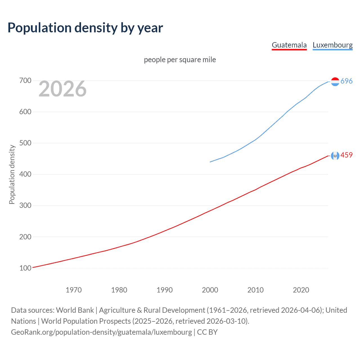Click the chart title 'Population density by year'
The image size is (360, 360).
click(85, 28)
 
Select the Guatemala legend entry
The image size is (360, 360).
click(289, 45)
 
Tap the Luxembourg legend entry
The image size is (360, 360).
click(332, 45)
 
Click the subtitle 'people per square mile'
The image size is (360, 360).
click(180, 60)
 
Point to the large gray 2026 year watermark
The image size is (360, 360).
click(62, 89)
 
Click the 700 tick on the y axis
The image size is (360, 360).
click(25, 81)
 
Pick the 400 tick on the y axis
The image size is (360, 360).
click(25, 174)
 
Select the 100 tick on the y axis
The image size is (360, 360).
click(25, 268)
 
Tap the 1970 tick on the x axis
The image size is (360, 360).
click(74, 290)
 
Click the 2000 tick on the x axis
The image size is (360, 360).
click(210, 290)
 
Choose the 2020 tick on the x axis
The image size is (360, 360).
click(301, 290)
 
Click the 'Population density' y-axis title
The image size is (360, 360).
click(12, 174)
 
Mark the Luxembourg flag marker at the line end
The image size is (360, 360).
click(335, 82)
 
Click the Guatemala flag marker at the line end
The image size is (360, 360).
click(335, 156)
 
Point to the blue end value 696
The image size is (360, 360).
click(346, 81)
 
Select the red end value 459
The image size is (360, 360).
click(346, 155)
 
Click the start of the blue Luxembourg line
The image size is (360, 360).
click(210, 162)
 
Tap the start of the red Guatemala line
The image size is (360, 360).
click(33, 267)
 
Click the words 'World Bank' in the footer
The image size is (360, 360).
click(75, 310)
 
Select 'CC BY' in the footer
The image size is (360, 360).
click(207, 332)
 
